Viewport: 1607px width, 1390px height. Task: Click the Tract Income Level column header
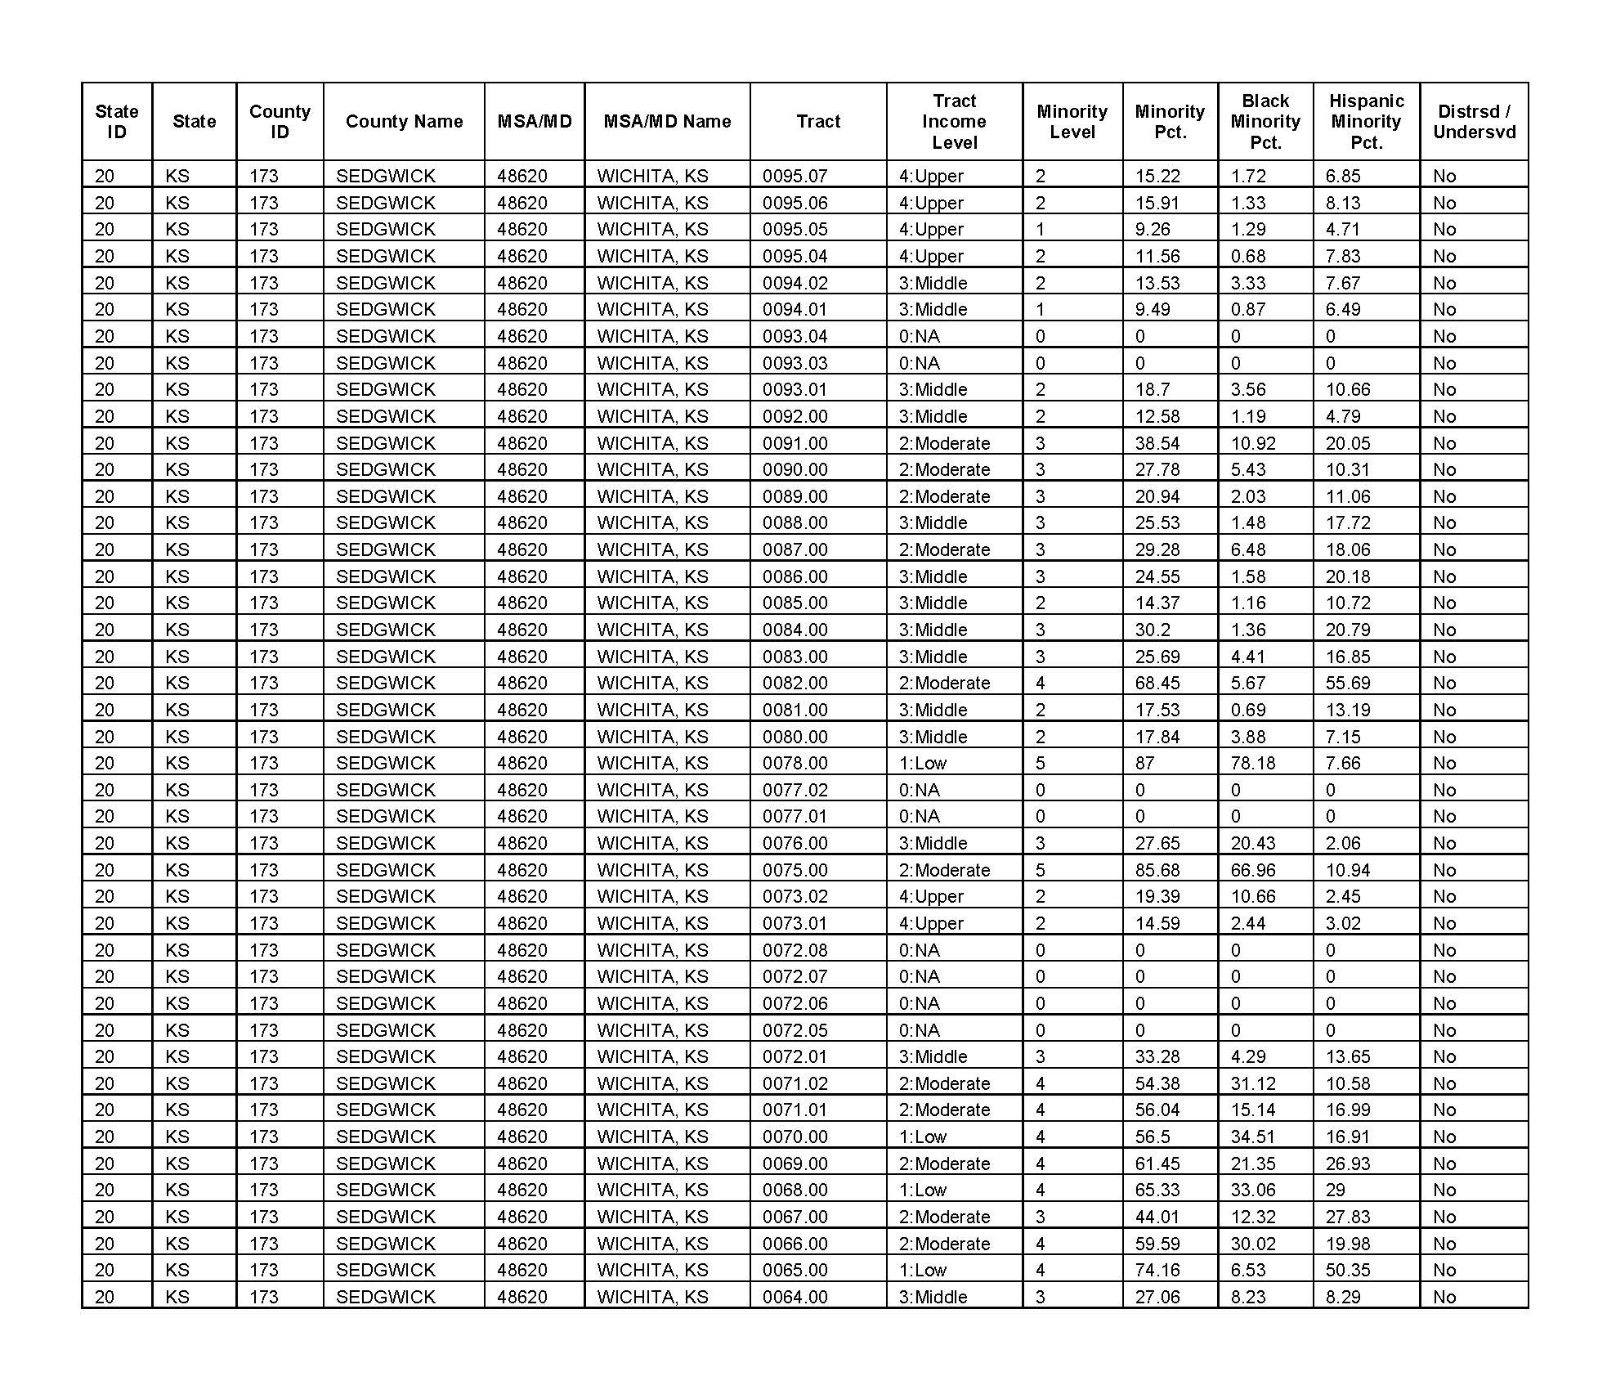tap(954, 122)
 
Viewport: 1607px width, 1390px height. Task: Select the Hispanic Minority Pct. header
tap(1366, 122)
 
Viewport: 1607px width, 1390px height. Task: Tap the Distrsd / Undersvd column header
tap(1474, 122)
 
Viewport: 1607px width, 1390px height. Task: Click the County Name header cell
tap(404, 122)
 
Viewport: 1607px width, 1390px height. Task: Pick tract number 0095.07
tap(795, 176)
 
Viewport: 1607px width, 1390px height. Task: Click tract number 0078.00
tap(795, 763)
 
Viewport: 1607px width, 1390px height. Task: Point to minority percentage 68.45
tap(1157, 683)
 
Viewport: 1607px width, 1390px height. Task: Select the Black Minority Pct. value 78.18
tap(1253, 763)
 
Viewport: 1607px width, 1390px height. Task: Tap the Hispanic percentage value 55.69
tap(1348, 683)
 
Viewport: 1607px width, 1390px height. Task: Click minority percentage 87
tap(1145, 763)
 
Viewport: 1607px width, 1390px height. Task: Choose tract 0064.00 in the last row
tap(795, 1297)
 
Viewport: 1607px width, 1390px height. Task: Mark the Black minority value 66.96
tap(1253, 870)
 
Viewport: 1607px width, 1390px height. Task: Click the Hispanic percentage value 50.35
tap(1348, 1270)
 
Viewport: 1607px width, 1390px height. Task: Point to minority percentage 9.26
tap(1153, 229)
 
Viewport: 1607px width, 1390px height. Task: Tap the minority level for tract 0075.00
tap(1041, 870)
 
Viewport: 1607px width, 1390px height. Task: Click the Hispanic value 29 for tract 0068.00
tap(1336, 1190)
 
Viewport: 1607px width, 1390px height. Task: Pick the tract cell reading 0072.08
tap(795, 950)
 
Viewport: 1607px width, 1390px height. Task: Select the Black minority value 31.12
tap(1253, 1083)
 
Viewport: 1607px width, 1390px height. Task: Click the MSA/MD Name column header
tap(667, 122)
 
